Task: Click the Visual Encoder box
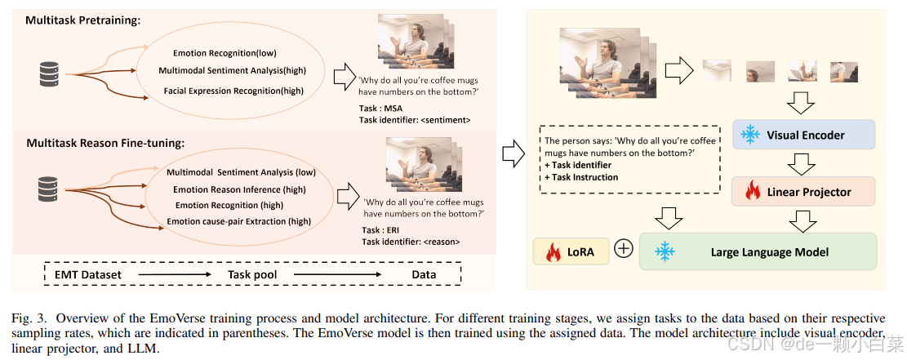[804, 135]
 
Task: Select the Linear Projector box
[804, 193]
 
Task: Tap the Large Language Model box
[758, 251]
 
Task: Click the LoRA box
[571, 251]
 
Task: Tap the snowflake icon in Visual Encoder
[749, 135]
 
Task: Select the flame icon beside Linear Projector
[753, 193]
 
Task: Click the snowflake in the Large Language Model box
[665, 251]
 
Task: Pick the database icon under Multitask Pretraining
[50, 75]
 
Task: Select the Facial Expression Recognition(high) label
[233, 91]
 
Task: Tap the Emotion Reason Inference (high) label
[239, 189]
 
